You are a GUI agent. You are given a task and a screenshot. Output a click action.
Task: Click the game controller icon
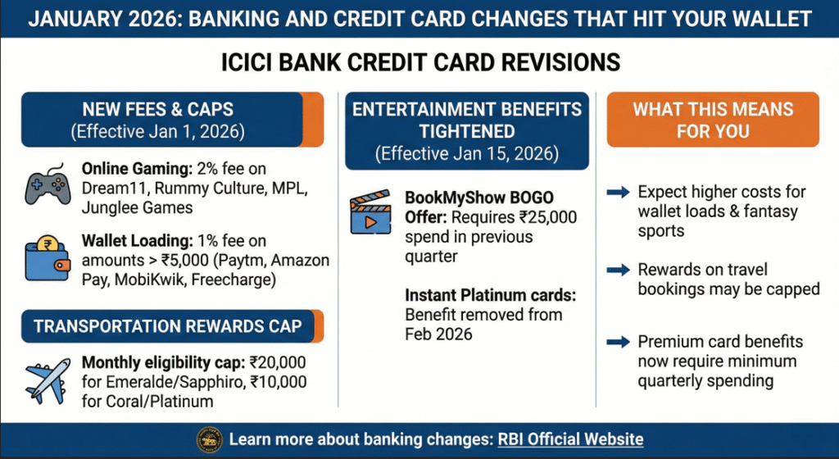48,185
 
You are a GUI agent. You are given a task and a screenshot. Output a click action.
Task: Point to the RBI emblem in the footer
209,440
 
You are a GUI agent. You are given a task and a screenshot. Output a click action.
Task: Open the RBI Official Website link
570,440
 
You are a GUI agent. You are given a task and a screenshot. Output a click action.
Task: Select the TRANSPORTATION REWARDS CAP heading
167,326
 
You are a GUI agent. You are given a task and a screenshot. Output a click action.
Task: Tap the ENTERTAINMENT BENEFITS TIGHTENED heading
466,120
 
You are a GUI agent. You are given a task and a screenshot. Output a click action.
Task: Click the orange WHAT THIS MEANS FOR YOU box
712,120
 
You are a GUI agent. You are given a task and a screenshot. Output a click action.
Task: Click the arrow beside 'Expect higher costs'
618,193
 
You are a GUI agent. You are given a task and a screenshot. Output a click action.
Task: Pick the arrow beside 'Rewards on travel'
618,270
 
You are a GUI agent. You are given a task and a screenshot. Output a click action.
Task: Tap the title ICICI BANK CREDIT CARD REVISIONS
419,63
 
